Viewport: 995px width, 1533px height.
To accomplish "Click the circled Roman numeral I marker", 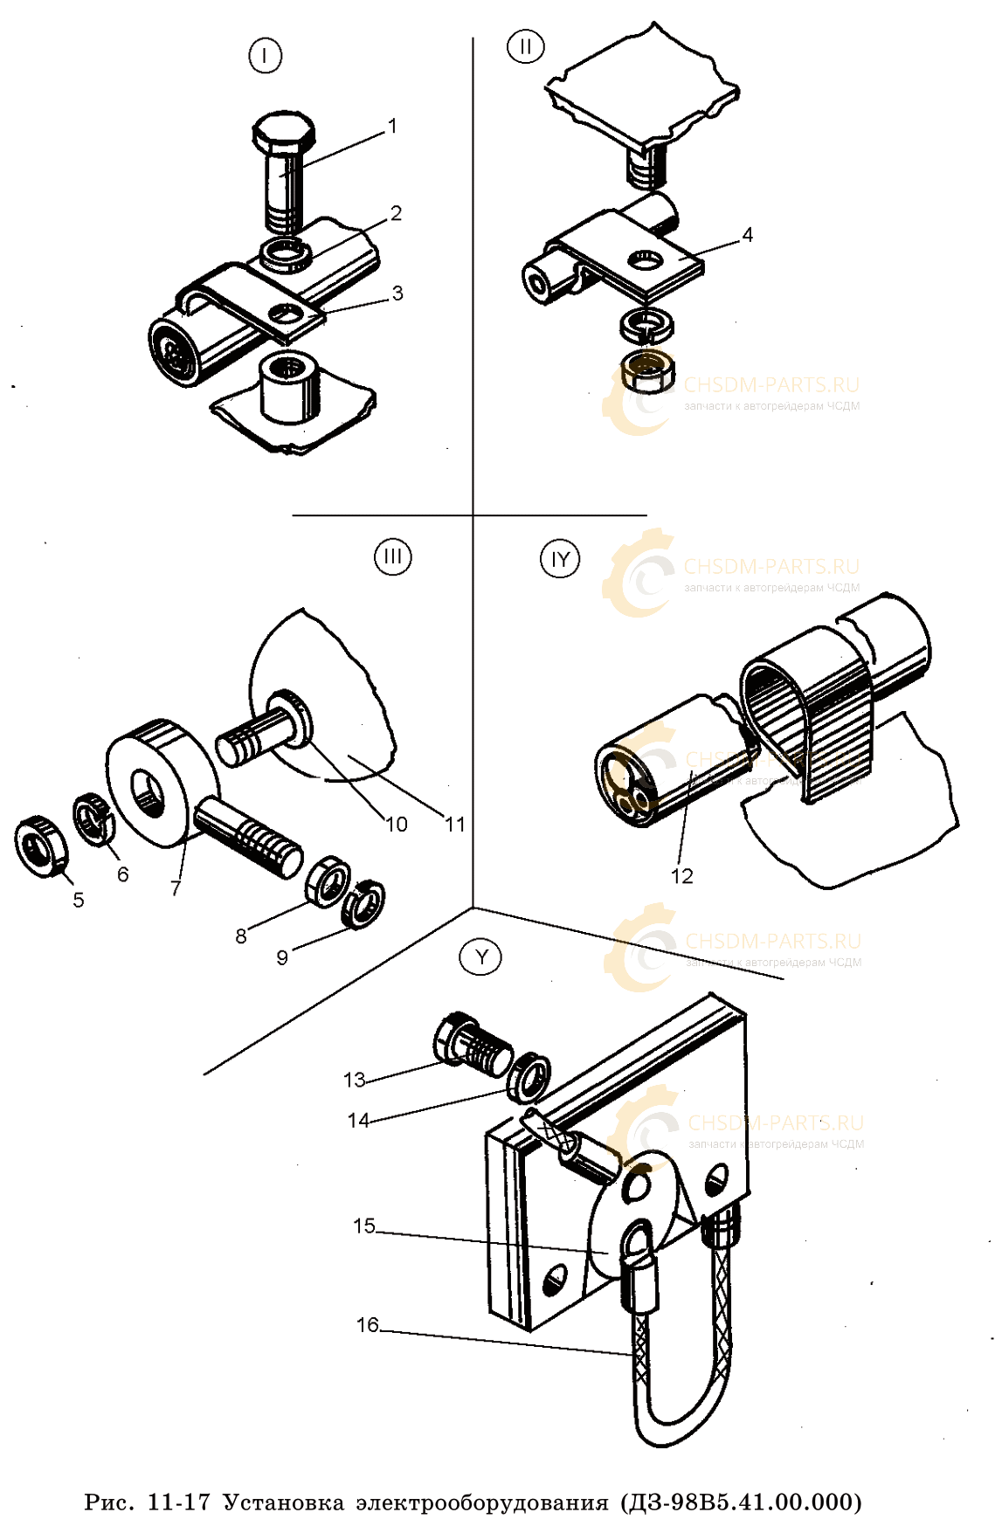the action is click(265, 56).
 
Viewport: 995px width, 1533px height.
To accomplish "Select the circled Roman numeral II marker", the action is click(525, 45).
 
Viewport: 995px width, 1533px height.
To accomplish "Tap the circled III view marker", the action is click(393, 556).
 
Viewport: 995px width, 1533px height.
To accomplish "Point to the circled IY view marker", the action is click(560, 559).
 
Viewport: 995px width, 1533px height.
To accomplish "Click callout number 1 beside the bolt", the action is click(392, 127).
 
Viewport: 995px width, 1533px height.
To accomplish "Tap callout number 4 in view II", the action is click(747, 235).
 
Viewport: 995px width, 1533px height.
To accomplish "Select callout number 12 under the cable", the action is click(681, 876).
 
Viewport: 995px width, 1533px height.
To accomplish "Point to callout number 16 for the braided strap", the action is click(367, 1325).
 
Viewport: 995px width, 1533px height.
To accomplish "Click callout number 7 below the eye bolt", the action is click(176, 887).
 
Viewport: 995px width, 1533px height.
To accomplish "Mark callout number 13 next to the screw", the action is click(354, 1080).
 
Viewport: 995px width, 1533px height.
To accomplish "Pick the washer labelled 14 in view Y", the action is click(529, 1076).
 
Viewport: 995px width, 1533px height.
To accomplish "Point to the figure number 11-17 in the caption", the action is click(179, 1502).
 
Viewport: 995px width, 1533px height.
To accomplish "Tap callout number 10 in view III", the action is click(397, 824).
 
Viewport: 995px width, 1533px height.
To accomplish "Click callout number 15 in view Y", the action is click(364, 1226).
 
